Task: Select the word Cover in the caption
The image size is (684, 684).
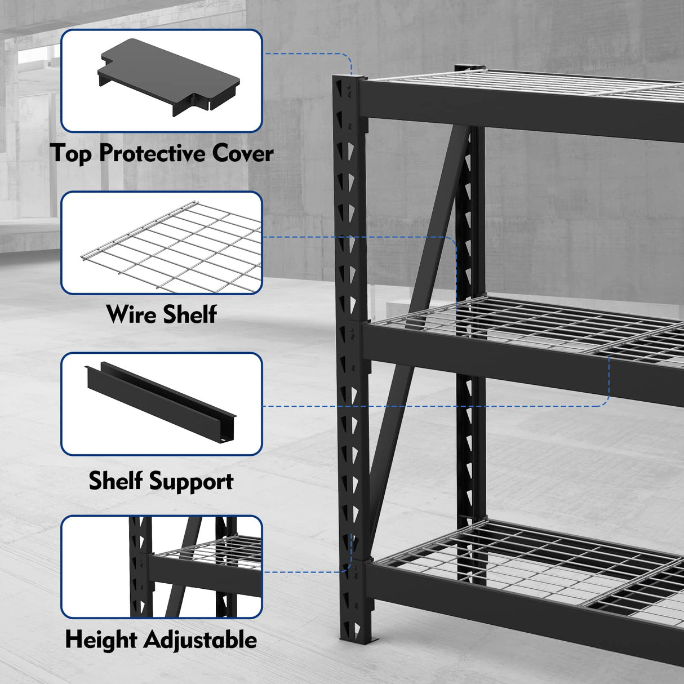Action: tap(243, 153)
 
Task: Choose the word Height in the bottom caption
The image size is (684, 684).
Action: tap(101, 640)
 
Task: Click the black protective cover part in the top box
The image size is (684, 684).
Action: tap(169, 76)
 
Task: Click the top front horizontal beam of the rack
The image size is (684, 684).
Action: tap(518, 113)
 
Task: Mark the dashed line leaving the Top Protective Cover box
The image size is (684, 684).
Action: tap(316, 54)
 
